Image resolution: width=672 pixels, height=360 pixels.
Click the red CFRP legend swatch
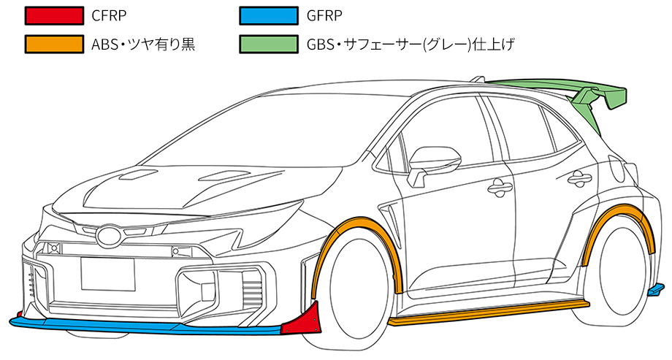point(53,15)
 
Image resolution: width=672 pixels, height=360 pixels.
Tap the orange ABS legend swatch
point(53,44)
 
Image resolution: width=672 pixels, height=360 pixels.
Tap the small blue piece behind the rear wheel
point(656,291)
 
